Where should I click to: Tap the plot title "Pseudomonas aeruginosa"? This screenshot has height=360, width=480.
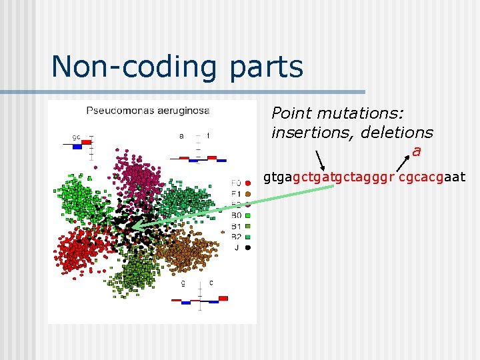click(148, 110)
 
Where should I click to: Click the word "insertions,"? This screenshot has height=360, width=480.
click(313, 133)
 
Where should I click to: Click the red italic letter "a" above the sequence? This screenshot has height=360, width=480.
click(416, 151)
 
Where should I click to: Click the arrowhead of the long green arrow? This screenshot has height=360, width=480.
click(133, 227)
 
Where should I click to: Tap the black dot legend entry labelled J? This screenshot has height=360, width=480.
click(242, 247)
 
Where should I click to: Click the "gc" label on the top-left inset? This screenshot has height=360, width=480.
click(77, 137)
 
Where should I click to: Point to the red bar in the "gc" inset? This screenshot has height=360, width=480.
click(87, 142)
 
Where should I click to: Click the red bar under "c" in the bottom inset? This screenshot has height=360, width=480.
click(223, 299)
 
